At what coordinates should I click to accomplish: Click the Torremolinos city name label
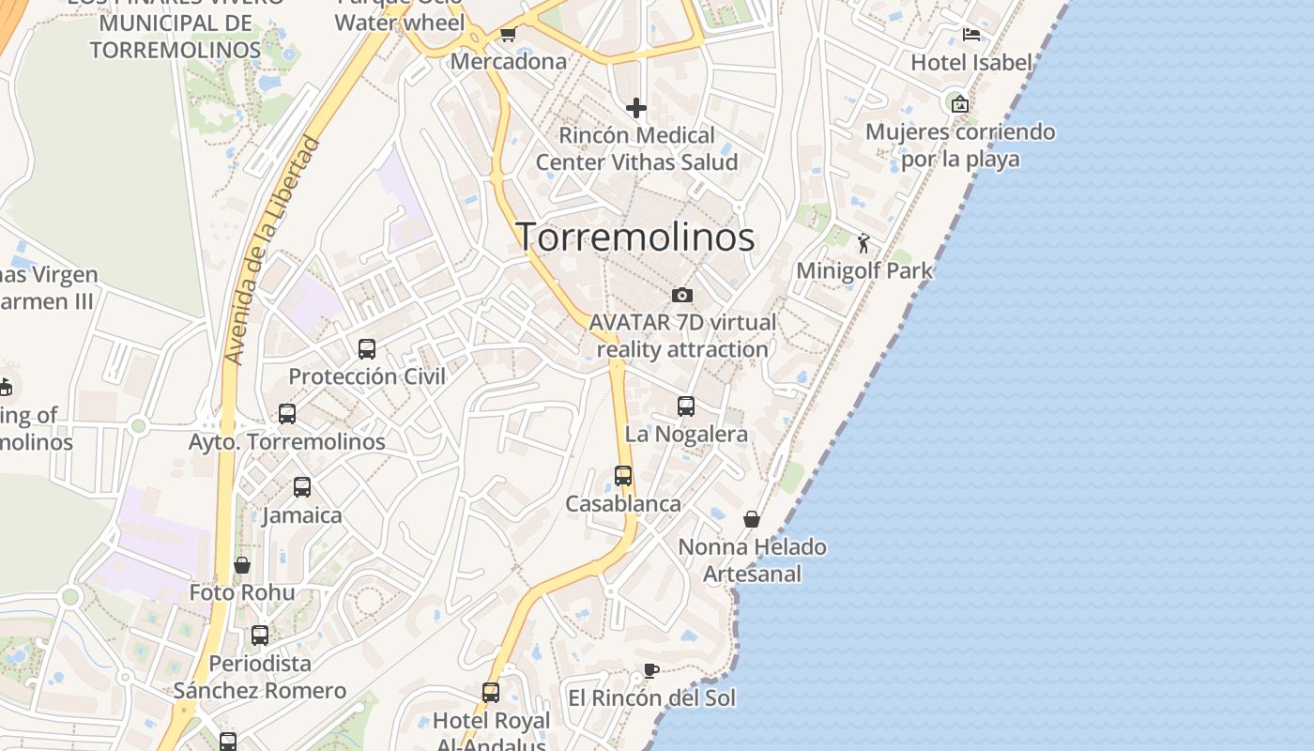point(635,238)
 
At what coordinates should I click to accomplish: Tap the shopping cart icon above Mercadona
point(508,35)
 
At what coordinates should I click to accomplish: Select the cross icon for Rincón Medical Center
point(636,108)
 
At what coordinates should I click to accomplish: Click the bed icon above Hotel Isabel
point(971,35)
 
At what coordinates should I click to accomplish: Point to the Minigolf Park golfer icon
point(863,244)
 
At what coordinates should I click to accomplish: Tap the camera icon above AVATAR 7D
point(682,295)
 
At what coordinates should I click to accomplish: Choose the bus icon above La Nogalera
point(686,406)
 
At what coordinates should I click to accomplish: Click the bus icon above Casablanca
point(623,476)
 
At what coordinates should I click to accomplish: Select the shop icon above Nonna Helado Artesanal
point(752,519)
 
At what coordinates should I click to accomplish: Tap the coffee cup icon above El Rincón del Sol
point(650,670)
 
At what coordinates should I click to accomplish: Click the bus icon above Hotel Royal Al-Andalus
point(490,693)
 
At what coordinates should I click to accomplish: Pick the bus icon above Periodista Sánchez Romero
point(260,636)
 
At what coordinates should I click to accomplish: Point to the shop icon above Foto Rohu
point(242,565)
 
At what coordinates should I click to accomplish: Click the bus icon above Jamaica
point(301,487)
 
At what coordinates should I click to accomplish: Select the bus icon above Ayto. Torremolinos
point(287,414)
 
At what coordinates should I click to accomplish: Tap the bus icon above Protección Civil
point(367,349)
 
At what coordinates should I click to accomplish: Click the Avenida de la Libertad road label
point(272,252)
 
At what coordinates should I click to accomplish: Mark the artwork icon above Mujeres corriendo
point(959,104)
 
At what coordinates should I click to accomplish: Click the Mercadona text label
point(509,62)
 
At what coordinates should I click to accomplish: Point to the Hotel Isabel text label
point(971,63)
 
